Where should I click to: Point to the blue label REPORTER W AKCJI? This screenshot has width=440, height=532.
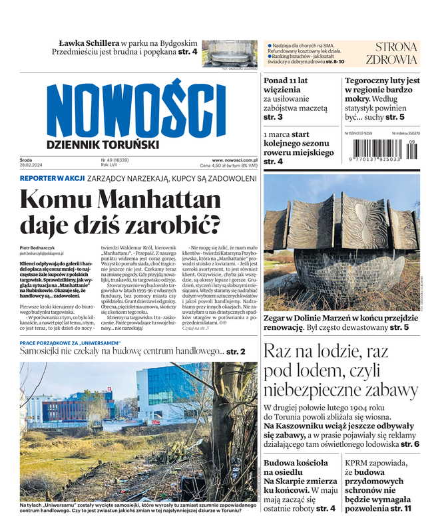coord(51,179)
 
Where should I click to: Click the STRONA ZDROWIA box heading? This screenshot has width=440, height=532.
coord(396,53)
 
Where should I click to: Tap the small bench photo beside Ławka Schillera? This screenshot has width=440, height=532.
coord(229,53)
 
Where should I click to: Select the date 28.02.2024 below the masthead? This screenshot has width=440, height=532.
coord(31,166)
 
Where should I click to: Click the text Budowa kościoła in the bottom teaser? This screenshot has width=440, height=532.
coord(296,462)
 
